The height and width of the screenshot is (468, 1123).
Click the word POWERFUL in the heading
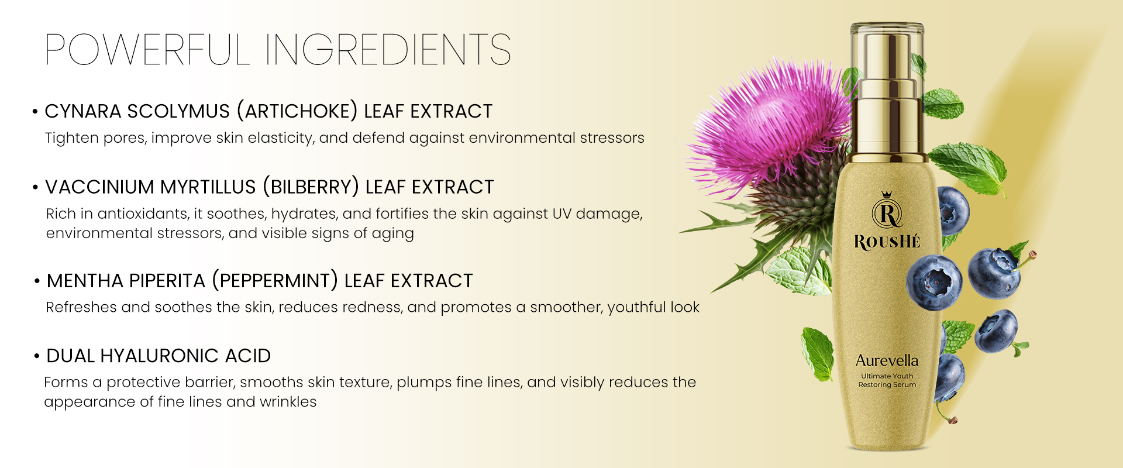click(147, 49)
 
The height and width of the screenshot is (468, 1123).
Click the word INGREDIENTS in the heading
click(388, 49)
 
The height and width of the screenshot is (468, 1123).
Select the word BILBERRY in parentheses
click(311, 187)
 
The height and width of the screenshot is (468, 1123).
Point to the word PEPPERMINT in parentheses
click(275, 281)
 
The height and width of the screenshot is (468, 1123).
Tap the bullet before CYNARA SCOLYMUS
click(35, 111)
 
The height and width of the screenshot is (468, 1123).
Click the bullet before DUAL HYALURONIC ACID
click(37, 356)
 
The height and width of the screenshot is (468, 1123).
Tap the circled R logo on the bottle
click(887, 212)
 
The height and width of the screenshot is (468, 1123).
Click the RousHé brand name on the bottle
click(887, 242)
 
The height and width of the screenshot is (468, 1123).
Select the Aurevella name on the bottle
click(887, 360)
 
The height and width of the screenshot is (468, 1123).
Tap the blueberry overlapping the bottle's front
click(934, 283)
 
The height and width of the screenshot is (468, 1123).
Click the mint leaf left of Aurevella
click(817, 354)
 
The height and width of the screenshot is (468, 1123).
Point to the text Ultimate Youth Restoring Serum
click(887, 380)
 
